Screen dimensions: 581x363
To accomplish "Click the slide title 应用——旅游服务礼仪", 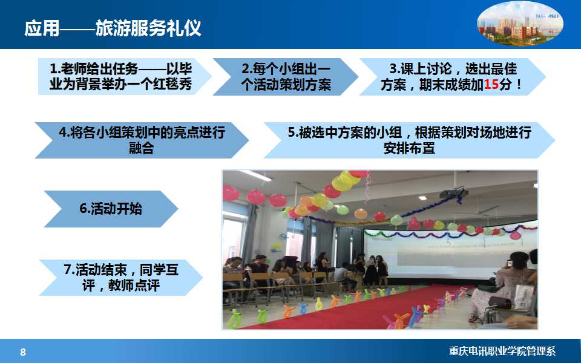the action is tap(113, 28).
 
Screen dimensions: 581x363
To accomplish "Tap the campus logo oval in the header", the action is tap(520, 24).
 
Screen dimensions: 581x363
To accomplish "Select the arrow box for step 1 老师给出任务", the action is tap(125, 77).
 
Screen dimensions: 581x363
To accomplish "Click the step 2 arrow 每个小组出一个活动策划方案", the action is tap(286, 77).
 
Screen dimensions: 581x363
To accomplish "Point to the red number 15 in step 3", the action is tap(491, 85).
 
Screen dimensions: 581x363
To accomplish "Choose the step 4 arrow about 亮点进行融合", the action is tap(142, 140).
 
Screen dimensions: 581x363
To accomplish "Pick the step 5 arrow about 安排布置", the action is tap(410, 140).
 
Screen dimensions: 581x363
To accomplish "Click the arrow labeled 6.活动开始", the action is tap(111, 209).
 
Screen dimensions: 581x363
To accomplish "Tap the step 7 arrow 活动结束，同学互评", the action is tap(121, 278).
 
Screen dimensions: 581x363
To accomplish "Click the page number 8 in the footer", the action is tap(23, 352).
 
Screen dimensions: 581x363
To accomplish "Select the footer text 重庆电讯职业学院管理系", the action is tap(502, 351).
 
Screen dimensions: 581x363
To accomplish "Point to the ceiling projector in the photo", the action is tap(453, 193).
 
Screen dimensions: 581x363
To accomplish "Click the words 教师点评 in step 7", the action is tap(134, 286).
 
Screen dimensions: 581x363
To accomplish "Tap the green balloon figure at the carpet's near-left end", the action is tap(235, 319).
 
